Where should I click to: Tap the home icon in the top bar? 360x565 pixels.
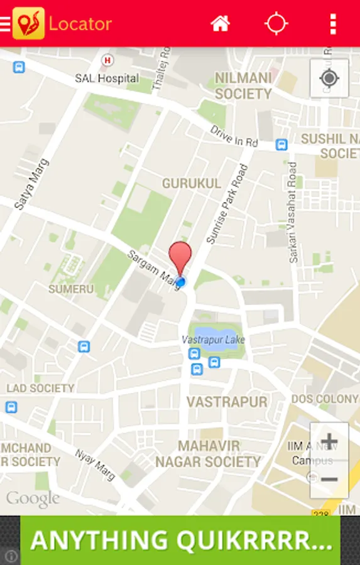220,24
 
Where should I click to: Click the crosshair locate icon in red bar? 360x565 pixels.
276,24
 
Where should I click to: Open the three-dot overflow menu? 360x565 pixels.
333,24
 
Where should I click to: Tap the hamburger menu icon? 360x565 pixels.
5,24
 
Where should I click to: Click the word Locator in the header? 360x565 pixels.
80,24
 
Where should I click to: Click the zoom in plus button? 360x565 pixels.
329,441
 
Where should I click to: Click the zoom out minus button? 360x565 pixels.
329,479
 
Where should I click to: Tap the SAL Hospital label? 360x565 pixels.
107,78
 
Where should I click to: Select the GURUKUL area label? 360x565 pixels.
192,183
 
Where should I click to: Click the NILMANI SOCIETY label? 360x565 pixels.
243,86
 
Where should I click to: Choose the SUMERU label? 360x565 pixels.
71,289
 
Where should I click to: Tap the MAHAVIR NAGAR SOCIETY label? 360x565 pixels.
208,454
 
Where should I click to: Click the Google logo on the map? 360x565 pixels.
33,499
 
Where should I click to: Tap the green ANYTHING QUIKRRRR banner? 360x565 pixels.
180,541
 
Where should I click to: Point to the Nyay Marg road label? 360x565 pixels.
95,465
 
